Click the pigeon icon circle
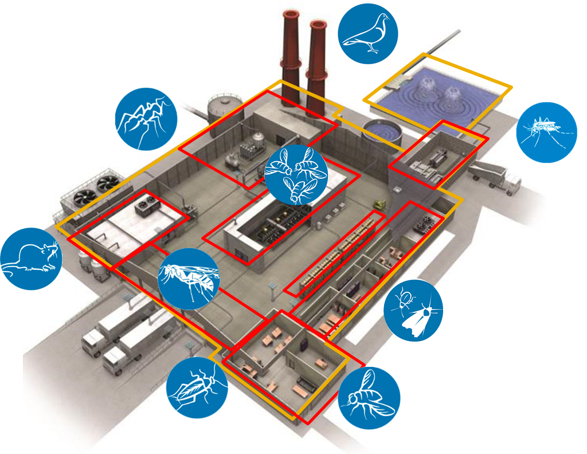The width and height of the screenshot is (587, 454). point(368,33)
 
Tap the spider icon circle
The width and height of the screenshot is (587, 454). point(146,119)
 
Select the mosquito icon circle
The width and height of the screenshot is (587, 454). point(546,132)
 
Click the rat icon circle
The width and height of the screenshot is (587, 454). point(31,259)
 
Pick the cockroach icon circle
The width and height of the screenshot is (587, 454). point(197,388)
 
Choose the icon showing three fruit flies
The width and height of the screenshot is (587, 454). point(296,174)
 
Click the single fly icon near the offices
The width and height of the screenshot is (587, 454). point(369,398)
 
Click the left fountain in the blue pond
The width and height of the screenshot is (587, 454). point(425,87)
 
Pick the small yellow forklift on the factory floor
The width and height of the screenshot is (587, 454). point(378,203)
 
